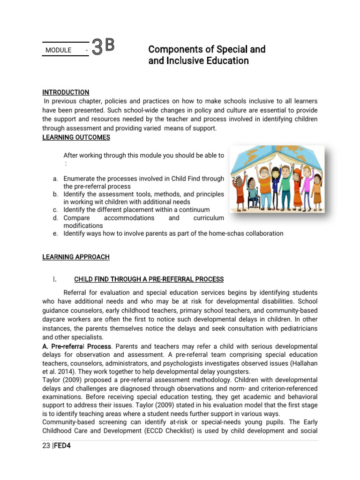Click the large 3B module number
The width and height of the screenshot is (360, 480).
[x=103, y=47]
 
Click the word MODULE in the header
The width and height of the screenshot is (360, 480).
[x=59, y=50]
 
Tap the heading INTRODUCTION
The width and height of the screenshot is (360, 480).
[x=66, y=92]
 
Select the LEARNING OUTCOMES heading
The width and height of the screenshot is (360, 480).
[x=76, y=137]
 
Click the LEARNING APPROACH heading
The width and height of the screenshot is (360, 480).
[x=76, y=257]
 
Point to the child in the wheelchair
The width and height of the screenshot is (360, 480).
[x=254, y=193]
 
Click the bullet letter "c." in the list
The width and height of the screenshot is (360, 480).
[x=55, y=210]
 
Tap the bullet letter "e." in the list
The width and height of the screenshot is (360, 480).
[x=55, y=233]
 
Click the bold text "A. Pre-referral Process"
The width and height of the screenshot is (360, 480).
[x=77, y=346]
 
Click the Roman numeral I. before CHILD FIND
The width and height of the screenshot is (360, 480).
[x=55, y=279]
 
